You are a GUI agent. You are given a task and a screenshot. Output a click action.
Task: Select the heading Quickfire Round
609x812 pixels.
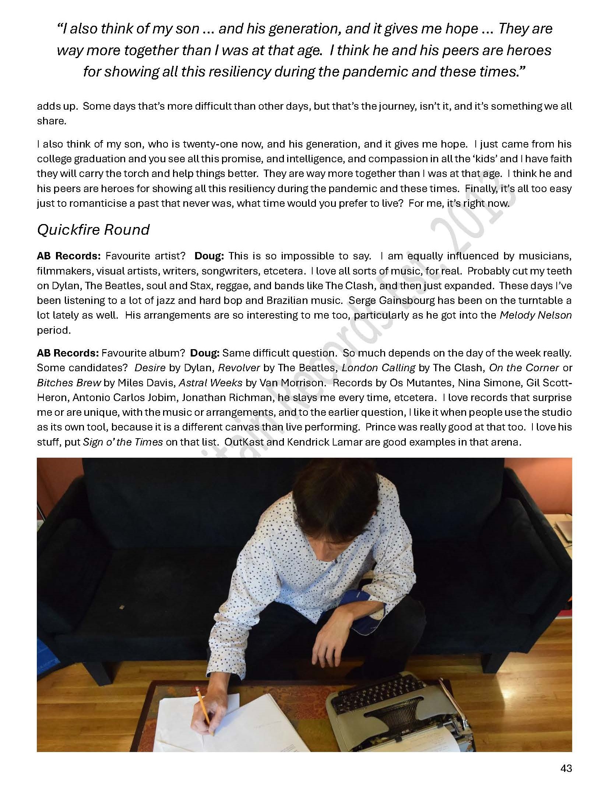coord(93,230)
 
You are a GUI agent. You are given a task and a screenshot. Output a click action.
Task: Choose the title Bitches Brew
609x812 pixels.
coord(69,383)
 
